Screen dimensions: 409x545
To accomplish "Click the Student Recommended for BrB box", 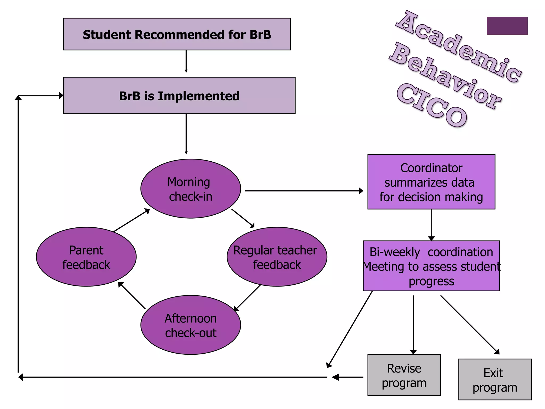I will click(x=177, y=34).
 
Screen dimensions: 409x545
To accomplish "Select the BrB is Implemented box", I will click(x=179, y=96).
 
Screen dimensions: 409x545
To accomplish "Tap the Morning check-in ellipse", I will click(x=191, y=189).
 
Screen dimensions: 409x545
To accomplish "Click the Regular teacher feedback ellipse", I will click(x=277, y=257).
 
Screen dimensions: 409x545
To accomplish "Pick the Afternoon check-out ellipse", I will click(x=191, y=325).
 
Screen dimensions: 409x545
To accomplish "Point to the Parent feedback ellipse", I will click(x=86, y=257).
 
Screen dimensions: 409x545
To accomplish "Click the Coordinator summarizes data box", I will click(x=431, y=182).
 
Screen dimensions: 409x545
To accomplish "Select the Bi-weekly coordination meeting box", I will click(x=431, y=266).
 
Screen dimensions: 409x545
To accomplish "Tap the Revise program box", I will click(x=404, y=375).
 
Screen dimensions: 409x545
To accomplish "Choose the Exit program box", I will click(x=495, y=379).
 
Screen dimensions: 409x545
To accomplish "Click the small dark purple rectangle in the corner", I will click(x=507, y=26).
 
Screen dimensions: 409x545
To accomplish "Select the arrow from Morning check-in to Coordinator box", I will click(x=303, y=191).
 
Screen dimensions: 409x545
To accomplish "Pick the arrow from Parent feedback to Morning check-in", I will click(x=131, y=220).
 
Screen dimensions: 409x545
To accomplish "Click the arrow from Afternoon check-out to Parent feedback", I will click(x=132, y=296).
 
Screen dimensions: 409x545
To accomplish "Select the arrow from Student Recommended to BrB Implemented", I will click(x=186, y=61).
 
